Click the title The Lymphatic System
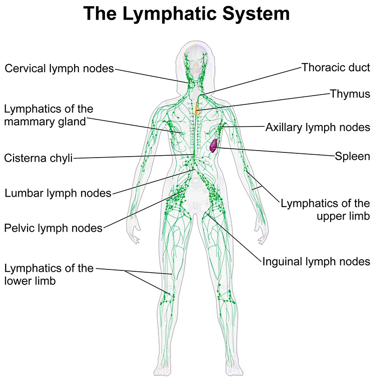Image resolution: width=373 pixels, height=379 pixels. click(x=186, y=14)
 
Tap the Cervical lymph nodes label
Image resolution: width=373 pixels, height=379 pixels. click(x=59, y=69)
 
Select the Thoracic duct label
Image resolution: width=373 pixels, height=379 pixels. click(x=336, y=67)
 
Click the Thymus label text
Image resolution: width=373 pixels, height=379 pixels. click(x=350, y=94)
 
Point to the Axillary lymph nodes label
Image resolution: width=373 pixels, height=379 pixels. click(x=318, y=127)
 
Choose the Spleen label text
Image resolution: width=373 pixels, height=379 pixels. click(x=352, y=156)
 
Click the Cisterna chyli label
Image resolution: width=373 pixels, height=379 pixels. click(x=39, y=158)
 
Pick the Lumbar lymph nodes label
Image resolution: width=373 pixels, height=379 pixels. click(x=58, y=193)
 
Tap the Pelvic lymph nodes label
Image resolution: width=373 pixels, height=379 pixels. click(x=53, y=228)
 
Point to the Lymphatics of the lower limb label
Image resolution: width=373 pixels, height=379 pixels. click(x=49, y=275)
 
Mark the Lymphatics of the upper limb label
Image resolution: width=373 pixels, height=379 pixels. click(x=325, y=210)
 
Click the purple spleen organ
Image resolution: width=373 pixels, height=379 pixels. click(x=214, y=146)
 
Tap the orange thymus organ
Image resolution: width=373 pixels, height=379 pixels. click(x=198, y=110)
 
